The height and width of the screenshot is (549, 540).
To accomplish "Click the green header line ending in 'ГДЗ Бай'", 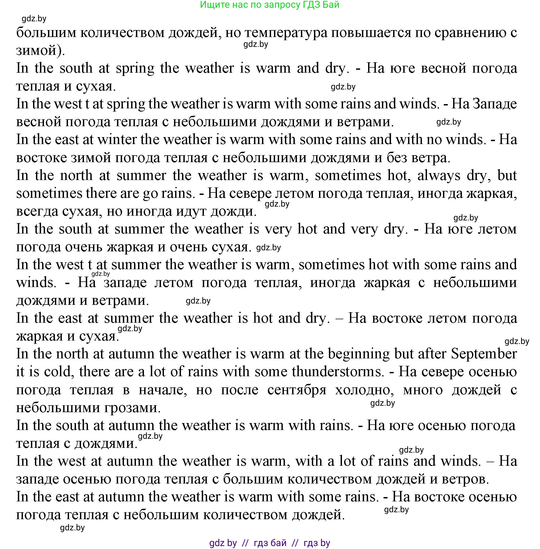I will tap(269, 5).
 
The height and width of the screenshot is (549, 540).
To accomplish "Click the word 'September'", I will tap(484, 354).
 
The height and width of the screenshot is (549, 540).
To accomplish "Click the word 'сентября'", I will tap(297, 390).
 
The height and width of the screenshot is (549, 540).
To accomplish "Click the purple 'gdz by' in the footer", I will tap(223, 543).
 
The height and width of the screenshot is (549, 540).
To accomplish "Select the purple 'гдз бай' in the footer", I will tap(270, 543).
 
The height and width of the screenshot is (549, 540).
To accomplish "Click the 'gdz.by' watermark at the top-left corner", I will tap(34, 19).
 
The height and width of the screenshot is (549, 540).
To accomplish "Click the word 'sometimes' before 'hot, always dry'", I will tap(348, 175).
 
